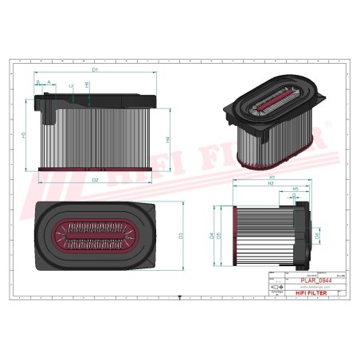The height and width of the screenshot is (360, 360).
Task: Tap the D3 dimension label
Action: pos(181,235)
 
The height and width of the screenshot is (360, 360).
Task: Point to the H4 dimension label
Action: pos(168,139)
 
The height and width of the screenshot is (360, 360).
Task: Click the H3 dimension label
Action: pos(24,135)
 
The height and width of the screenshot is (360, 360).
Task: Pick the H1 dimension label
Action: pos(272,177)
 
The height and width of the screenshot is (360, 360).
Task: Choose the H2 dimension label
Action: pos(272,184)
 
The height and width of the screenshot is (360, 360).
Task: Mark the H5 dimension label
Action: pos(295,189)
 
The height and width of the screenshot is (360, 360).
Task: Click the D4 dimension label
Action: pos(212,236)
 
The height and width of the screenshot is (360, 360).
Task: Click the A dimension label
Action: pos(48,82)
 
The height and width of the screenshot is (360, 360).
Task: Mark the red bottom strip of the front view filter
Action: pos(96,168)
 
